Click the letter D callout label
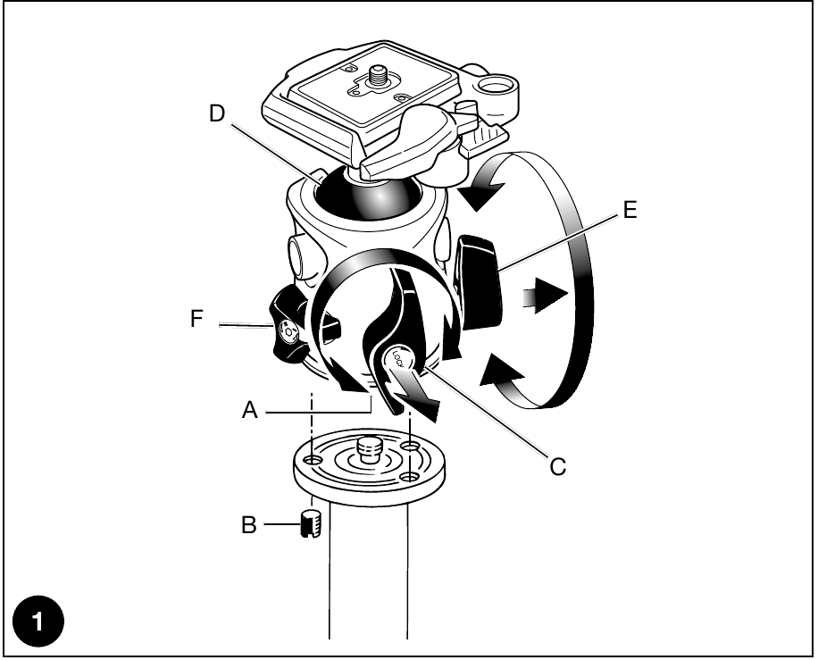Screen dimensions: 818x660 (216, 113)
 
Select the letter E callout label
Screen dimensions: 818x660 (630, 210)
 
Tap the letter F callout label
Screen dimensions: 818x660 (196, 318)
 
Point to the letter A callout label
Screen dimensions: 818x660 (250, 410)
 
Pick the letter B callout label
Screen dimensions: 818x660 (249, 525)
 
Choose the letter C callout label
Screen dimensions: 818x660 (557, 466)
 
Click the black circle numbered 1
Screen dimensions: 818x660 (38, 622)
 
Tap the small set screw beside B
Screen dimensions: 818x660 (312, 524)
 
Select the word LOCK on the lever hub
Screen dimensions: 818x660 (397, 358)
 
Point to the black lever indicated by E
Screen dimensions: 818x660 (480, 282)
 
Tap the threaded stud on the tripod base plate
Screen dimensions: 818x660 (370, 451)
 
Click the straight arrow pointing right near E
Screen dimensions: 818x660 (545, 297)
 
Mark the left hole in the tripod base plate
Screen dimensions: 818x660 (313, 460)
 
